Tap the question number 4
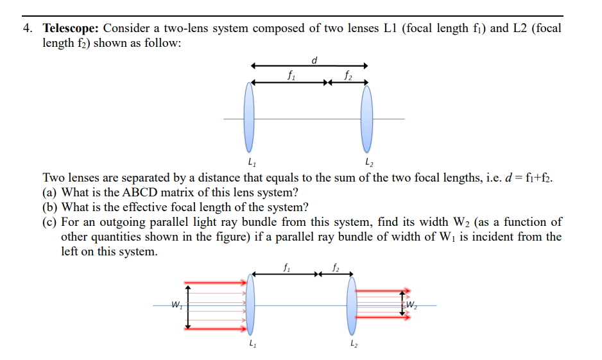28,29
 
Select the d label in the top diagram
314,60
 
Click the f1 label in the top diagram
292,75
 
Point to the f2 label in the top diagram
348,75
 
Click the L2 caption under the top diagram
367,161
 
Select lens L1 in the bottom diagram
250,304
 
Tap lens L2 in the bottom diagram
352,304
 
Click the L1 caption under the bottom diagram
250,347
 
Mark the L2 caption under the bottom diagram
352,347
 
